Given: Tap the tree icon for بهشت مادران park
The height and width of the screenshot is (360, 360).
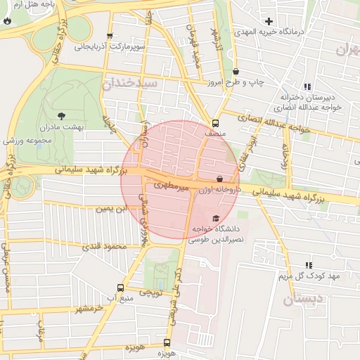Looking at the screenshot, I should (60, 115).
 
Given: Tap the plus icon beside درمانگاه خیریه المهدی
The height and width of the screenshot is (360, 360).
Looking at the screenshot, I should (269, 21).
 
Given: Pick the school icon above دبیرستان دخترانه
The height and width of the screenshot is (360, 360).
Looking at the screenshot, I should (307, 86).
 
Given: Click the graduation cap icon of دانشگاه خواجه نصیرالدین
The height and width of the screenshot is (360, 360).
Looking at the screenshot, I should (215, 218).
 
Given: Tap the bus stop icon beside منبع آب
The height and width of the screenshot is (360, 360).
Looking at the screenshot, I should (120, 288).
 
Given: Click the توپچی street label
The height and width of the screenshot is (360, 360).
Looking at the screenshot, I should (152, 290).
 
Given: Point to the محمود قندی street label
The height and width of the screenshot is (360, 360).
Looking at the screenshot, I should (103, 247).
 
